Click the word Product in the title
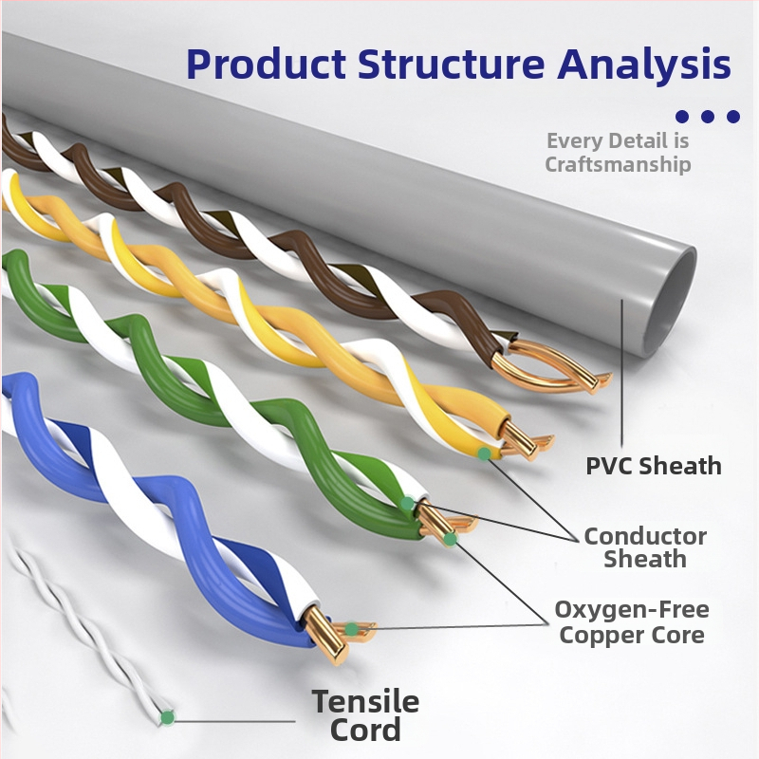[265, 64]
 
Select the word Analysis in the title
[644, 64]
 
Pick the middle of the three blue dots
[707, 117]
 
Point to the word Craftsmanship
[618, 164]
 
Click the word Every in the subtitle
[575, 141]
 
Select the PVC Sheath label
[653, 466]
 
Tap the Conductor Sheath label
[645, 547]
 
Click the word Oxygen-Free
[632, 609]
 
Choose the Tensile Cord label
[365, 715]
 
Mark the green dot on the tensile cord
[168, 718]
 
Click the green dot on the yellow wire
[485, 454]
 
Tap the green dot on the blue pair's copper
[352, 629]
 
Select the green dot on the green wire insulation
[407, 504]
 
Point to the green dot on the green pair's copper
[450, 539]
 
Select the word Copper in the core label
[598, 635]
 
